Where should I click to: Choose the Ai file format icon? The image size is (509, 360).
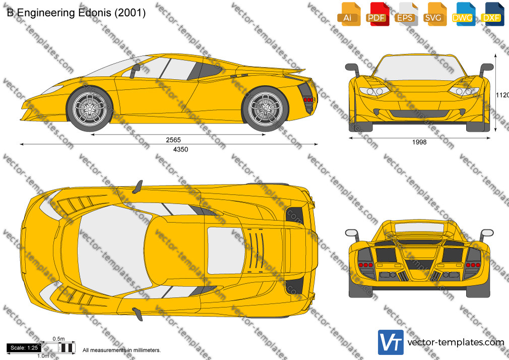click(x=349, y=15)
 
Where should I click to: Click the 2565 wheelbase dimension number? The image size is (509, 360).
click(x=173, y=140)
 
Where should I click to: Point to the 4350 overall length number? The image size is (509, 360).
click(x=180, y=149)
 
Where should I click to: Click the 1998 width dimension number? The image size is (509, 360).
click(x=419, y=142)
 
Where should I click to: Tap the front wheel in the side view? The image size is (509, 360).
click(x=89, y=108)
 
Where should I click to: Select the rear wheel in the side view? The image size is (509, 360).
click(x=265, y=108)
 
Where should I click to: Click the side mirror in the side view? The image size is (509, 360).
click(x=135, y=71)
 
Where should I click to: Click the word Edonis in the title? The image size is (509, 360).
click(x=94, y=13)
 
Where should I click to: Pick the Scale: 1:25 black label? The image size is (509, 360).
click(x=24, y=348)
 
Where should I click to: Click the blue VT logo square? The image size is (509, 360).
click(x=391, y=342)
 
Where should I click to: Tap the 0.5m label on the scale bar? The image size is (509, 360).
click(x=59, y=339)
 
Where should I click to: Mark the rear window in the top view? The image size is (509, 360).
click(x=226, y=251)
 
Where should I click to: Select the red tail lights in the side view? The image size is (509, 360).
click(x=309, y=100)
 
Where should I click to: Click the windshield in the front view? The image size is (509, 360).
click(x=419, y=68)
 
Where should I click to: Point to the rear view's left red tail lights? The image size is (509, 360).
click(x=365, y=265)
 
